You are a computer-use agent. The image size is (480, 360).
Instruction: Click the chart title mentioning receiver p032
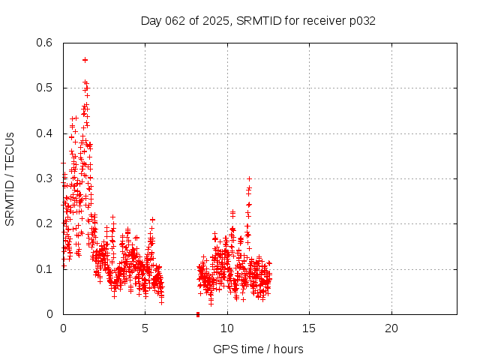258,21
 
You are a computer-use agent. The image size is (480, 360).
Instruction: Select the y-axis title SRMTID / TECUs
10,178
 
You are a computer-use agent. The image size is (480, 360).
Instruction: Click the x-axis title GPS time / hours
258,349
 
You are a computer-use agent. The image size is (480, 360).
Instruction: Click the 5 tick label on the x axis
145,328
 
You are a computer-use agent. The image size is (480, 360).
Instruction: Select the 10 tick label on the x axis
226,328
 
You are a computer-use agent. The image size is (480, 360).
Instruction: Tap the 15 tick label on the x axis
309,328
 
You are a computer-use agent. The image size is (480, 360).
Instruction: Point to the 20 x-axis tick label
391,328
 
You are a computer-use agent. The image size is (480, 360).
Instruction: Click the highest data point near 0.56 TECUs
85,60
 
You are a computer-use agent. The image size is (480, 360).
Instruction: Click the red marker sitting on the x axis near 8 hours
198,313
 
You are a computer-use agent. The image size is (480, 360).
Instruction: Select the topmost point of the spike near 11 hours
249,178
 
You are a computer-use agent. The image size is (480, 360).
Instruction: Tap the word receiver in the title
324,21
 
